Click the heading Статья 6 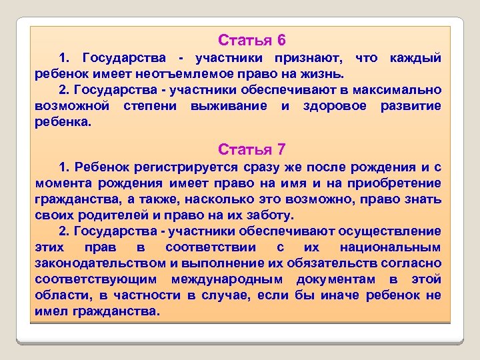[x=252, y=40]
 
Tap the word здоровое [x=332, y=106]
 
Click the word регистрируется [x=179, y=167]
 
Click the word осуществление [x=390, y=231]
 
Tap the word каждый [x=416, y=59]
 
